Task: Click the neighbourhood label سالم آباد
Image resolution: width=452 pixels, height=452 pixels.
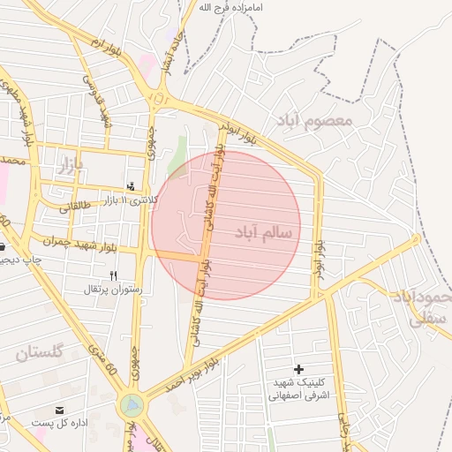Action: [267, 231]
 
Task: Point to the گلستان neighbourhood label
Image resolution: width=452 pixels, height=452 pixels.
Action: [39, 354]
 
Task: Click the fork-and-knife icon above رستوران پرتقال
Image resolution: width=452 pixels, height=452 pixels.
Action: [113, 276]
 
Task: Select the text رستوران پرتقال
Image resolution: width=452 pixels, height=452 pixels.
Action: [110, 290]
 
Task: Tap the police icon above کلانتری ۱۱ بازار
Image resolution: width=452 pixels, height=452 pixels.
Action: [132, 186]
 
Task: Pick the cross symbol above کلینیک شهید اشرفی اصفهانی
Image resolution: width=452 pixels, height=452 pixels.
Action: [298, 368]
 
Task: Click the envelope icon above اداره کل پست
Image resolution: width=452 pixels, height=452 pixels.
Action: [59, 411]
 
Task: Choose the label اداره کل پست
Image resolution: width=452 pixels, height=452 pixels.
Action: [59, 424]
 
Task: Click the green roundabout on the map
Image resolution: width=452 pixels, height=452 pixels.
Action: [132, 406]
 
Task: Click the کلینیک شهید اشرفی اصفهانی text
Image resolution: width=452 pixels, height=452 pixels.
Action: [298, 388]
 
